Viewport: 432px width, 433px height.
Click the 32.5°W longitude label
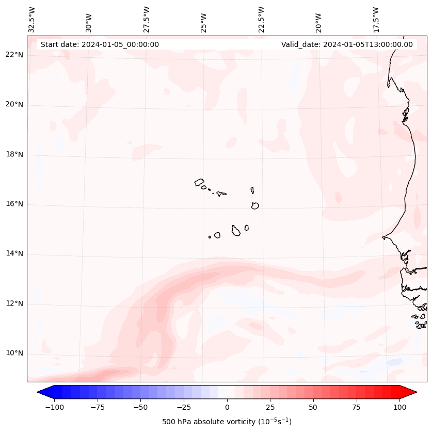[x=32, y=20]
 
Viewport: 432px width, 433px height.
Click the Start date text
[x=100, y=44]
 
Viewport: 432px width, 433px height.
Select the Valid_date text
[x=347, y=44]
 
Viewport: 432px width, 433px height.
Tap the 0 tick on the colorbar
[x=227, y=407]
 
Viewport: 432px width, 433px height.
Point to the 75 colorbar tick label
[x=357, y=407]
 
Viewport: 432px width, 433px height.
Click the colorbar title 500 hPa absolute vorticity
[x=227, y=422]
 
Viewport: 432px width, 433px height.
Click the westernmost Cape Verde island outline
[x=199, y=182]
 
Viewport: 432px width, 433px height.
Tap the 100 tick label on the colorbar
[x=400, y=407]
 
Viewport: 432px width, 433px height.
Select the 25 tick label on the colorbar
[x=270, y=407]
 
